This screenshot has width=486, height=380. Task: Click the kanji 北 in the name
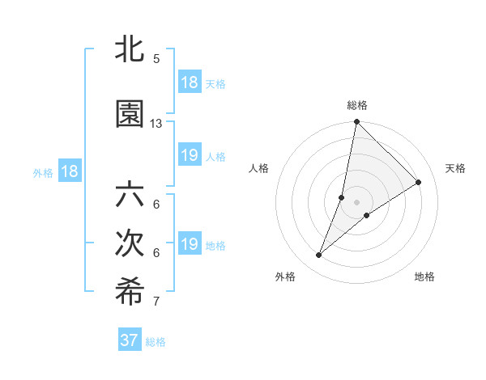click(x=130, y=49)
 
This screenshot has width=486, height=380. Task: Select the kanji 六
click(x=130, y=196)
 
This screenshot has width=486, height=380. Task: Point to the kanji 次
click(x=130, y=245)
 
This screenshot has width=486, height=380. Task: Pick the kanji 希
click(x=130, y=293)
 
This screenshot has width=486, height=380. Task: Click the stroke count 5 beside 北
click(x=156, y=59)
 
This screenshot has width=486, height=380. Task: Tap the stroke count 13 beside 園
click(x=156, y=124)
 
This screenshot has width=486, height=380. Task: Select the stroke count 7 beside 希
click(x=156, y=302)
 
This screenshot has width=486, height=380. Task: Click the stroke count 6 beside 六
click(x=156, y=205)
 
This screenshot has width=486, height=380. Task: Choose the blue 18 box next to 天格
click(x=190, y=82)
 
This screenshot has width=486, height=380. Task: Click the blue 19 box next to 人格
click(x=190, y=155)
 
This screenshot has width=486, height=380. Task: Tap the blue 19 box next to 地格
click(x=190, y=244)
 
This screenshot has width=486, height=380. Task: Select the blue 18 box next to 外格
click(x=69, y=171)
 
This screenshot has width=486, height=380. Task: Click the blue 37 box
click(x=130, y=340)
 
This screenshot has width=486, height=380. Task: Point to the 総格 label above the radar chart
click(x=357, y=105)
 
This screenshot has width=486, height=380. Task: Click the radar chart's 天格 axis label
click(x=455, y=168)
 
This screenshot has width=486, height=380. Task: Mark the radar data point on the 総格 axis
click(x=356, y=123)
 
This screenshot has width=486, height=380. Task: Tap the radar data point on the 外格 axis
click(x=319, y=255)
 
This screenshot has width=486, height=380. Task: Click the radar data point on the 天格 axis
click(x=419, y=182)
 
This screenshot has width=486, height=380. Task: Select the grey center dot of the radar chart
click(x=356, y=202)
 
